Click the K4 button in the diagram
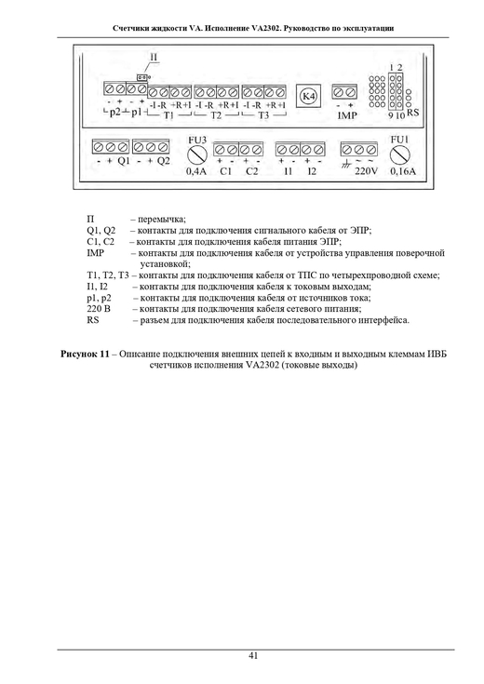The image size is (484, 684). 309,96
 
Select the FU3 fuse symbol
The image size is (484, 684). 196,154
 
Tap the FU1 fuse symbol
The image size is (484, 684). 399,154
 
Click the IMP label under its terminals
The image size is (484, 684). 347,115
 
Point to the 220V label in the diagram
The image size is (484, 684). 366,172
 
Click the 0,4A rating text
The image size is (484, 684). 196,171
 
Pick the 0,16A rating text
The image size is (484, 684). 402,171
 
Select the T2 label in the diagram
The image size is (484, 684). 216,115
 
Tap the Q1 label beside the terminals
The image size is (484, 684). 124,161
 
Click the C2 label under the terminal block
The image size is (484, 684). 252,171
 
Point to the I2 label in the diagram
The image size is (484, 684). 312,171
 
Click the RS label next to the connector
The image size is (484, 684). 412,113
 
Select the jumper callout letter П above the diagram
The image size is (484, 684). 155,57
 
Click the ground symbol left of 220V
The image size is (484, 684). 347,165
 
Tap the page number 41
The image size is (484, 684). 253,656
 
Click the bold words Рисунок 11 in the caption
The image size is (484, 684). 85,355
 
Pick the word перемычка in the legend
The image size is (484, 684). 162,220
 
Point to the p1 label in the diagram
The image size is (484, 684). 137,112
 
